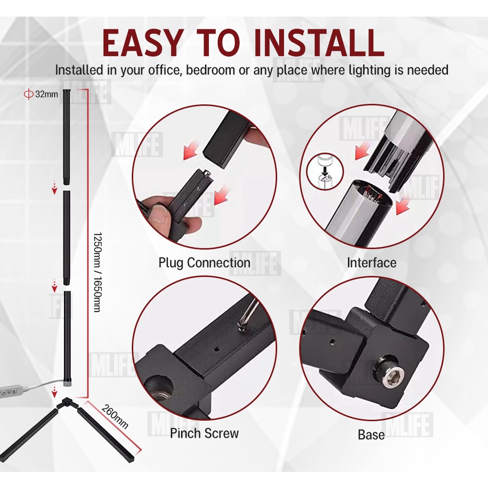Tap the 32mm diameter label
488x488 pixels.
[x=46, y=94]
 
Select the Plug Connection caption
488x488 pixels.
[x=204, y=263]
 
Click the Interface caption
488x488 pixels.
[x=371, y=263]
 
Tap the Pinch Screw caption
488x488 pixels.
[x=204, y=433]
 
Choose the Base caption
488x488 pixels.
[x=371, y=434]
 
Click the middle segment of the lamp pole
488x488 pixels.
[x=66, y=237]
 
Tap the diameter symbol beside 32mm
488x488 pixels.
[x=29, y=94]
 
